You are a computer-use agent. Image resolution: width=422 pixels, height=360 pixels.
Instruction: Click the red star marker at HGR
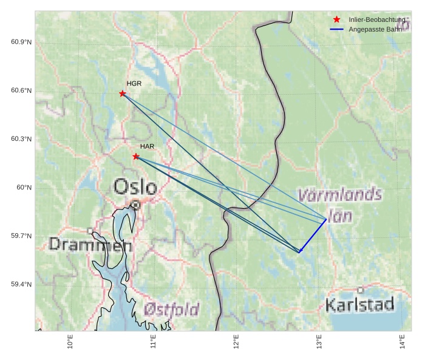[123, 93]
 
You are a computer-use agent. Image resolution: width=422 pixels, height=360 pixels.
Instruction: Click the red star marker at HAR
[136, 157]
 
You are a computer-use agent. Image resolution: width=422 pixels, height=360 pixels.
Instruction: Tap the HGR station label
[134, 83]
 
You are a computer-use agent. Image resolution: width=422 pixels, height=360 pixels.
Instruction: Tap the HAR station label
[147, 146]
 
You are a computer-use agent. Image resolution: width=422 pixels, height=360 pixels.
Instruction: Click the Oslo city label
[135, 186]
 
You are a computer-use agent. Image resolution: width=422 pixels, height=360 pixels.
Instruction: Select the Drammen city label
[90, 244]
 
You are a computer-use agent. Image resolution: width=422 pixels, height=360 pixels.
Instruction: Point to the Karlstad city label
[359, 304]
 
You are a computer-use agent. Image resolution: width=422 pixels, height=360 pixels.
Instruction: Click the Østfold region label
[172, 310]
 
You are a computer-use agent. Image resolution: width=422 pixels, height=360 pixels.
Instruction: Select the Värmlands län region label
[340, 205]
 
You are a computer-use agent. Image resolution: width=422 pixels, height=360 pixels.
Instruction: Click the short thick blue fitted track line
[313, 236]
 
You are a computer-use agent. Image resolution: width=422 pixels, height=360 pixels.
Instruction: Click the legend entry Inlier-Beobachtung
[376, 20]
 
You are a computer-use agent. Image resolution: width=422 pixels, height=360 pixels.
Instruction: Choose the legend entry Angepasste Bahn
[374, 29]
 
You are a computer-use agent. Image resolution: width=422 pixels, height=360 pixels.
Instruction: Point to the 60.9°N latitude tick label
[21, 42]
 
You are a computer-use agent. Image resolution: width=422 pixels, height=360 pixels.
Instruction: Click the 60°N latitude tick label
[24, 188]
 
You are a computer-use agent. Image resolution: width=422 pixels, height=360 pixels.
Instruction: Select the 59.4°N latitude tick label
[21, 285]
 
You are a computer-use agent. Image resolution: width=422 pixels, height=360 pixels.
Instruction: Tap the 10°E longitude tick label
[70, 342]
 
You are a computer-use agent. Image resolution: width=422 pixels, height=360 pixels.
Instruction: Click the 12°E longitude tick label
[236, 342]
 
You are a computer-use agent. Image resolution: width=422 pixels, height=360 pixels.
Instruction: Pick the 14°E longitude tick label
[402, 342]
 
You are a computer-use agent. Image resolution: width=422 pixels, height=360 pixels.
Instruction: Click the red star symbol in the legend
[337, 19]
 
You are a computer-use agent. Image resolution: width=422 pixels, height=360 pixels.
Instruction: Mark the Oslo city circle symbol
[135, 205]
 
